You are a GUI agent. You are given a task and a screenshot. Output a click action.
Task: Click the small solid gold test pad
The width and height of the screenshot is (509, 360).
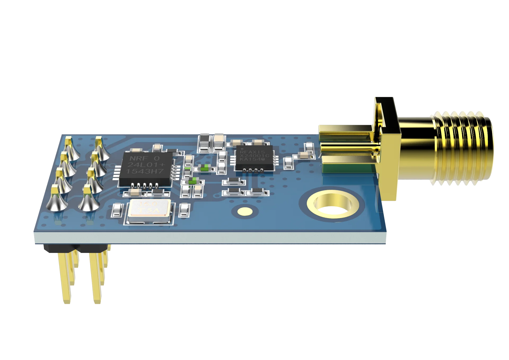pyautogui.click(x=245, y=211)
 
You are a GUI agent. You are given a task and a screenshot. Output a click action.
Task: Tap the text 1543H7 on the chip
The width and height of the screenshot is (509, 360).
pyautogui.click(x=145, y=172)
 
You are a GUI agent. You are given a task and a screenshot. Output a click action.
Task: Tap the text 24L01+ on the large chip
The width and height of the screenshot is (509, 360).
pyautogui.click(x=146, y=165)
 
